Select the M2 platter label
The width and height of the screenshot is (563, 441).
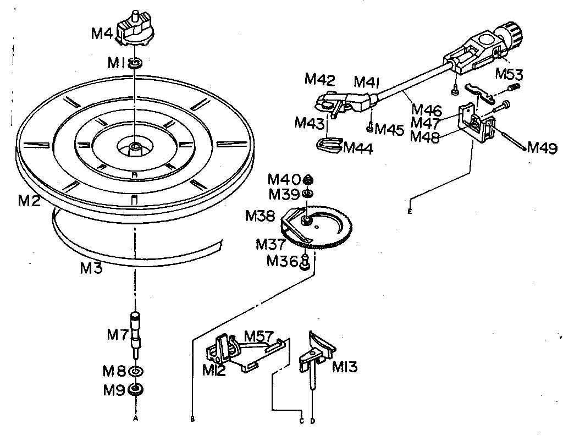point(29,201)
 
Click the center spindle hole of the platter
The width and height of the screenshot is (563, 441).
point(135,147)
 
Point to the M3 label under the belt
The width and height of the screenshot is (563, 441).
point(91,269)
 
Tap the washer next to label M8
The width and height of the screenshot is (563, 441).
point(135,371)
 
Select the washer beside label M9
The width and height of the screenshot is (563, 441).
point(135,390)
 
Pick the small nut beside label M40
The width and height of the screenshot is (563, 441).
point(308,180)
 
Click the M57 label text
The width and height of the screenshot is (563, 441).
point(260,335)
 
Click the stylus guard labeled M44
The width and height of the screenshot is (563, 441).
point(329,145)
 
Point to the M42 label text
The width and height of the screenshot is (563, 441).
point(319,80)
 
